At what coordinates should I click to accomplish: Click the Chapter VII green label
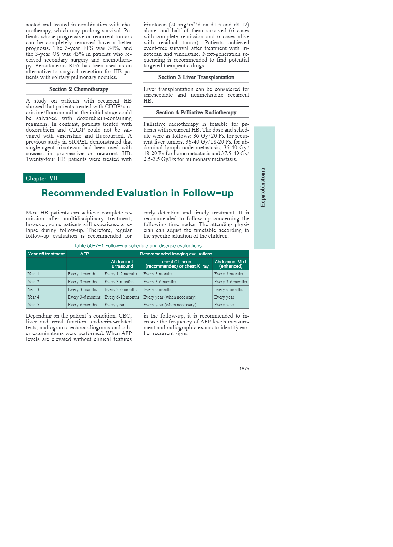click(42, 178)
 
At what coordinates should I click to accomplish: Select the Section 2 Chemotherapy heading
click(78, 89)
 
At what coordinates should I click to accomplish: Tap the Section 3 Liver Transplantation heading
click(196, 77)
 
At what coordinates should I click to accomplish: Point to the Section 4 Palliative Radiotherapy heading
click(196, 113)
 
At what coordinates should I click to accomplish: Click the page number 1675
click(244, 369)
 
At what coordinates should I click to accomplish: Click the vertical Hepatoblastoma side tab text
click(263, 187)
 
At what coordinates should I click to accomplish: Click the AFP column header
click(85, 254)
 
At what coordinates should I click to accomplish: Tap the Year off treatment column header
click(46, 254)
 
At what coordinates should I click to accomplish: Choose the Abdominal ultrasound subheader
click(122, 264)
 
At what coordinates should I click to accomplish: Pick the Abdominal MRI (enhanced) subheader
click(230, 264)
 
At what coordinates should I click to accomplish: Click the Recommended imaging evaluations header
click(176, 254)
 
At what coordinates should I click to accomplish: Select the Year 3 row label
click(33, 290)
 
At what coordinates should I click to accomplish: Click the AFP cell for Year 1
click(81, 274)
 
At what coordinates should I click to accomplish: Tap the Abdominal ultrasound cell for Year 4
click(122, 297)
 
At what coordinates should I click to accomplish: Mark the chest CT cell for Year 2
click(160, 282)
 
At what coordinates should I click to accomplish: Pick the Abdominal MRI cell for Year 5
click(224, 305)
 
